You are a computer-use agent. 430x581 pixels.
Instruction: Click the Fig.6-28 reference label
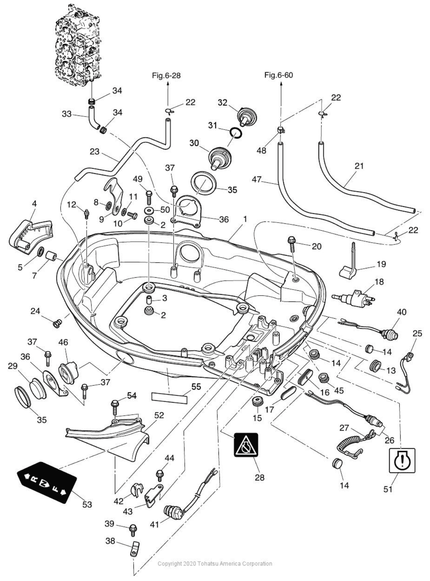[166, 75]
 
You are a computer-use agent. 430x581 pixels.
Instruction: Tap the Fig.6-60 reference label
[278, 75]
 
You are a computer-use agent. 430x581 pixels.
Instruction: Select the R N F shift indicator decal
[46, 482]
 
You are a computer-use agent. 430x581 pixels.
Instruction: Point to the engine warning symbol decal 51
[402, 460]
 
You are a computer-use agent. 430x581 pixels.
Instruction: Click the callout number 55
[196, 387]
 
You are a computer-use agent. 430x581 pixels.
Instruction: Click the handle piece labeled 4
[30, 234]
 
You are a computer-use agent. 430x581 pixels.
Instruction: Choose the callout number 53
[87, 504]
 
